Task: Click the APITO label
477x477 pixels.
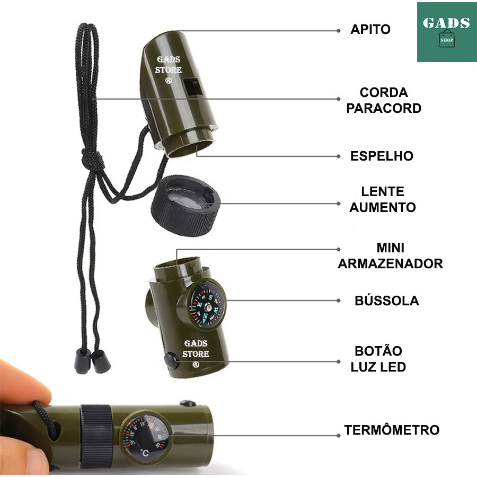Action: [x=370, y=30]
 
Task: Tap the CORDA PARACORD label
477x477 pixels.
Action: [x=384, y=100]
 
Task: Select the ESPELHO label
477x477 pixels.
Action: [x=382, y=156]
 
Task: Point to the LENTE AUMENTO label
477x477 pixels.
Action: [x=382, y=199]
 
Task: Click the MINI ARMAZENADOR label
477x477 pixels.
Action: [x=391, y=255]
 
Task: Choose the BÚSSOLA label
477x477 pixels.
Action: [x=386, y=301]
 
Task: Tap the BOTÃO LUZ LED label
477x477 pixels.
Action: [x=378, y=359]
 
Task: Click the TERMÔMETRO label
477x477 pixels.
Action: [x=392, y=430]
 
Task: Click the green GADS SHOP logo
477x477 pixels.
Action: [x=447, y=32]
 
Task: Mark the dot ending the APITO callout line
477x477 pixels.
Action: [x=339, y=31]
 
